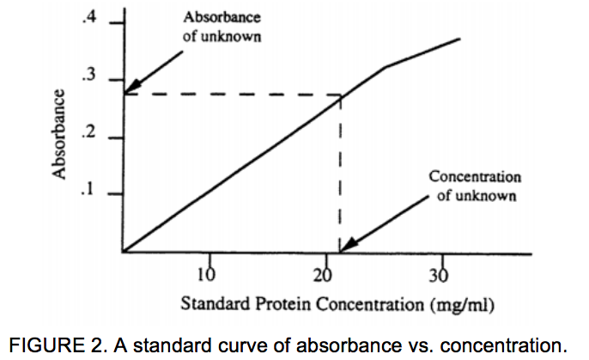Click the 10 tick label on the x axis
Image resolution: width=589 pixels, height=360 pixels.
pyautogui.click(x=205, y=274)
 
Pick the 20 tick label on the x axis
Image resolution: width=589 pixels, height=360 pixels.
pyautogui.click(x=323, y=274)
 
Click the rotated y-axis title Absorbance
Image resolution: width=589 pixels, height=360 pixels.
pyautogui.click(x=61, y=134)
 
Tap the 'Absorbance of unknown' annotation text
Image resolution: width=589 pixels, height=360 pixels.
pyautogui.click(x=222, y=27)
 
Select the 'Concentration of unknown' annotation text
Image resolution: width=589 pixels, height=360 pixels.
pyautogui.click(x=474, y=186)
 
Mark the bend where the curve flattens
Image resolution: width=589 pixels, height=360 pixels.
pyautogui.click(x=385, y=67)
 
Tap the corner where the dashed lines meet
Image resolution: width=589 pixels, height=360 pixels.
pyautogui.click(x=341, y=95)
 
